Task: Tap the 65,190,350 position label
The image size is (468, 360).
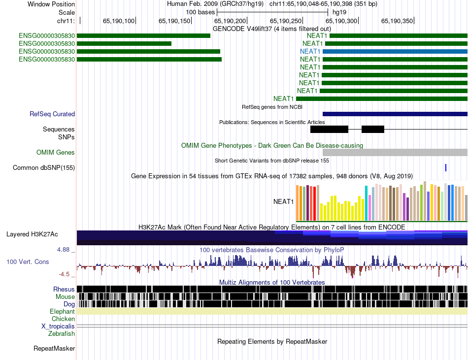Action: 397,21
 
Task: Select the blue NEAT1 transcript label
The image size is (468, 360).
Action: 310,51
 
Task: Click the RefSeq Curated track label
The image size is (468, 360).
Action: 52,114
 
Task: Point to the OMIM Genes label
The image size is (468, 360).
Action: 56,153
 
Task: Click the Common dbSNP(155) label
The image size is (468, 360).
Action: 44,168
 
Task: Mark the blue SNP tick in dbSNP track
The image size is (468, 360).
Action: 446,168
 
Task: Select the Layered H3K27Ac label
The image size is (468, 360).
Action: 32,234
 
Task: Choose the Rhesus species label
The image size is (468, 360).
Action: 64,289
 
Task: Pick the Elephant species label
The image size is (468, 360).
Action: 62,312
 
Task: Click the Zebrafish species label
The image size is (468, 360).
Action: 62,334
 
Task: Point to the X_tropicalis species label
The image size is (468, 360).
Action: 58,327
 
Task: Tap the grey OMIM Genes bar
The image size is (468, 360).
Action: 395,153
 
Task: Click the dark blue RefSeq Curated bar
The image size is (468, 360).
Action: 395,114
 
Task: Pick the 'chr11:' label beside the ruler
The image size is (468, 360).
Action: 66,21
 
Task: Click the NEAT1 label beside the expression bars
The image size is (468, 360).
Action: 283,201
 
